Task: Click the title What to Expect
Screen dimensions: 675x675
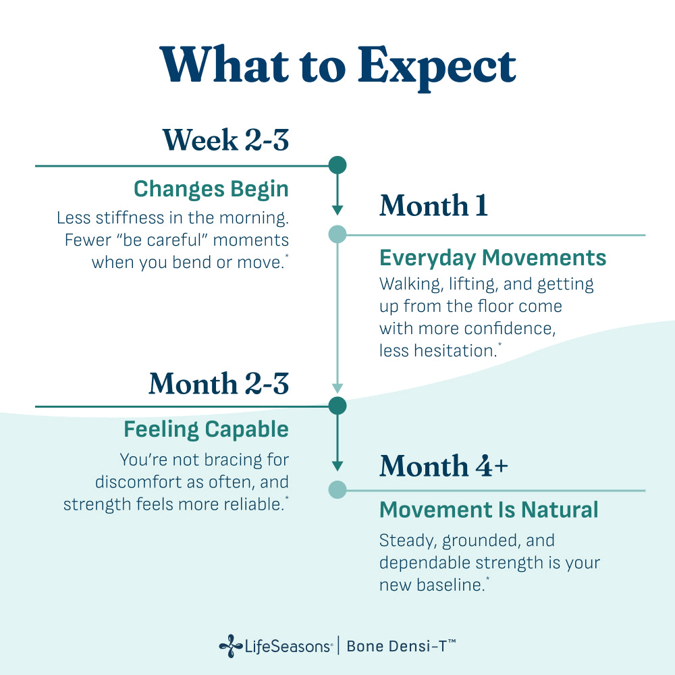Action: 337,66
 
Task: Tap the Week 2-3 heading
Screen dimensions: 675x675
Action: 225,140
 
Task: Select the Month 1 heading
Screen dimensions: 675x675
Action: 433,205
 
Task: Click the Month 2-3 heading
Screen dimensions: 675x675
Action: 219,383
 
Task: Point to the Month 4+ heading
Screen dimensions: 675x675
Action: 443,466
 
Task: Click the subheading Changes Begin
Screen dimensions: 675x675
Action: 211,190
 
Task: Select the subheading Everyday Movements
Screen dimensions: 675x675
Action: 493,258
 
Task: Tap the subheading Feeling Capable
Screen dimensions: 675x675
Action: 206,429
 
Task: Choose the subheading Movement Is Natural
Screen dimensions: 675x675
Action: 489,510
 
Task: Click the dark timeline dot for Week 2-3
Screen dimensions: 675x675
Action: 337,165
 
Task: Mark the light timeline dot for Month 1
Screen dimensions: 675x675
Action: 337,234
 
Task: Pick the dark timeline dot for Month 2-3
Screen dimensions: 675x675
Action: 337,406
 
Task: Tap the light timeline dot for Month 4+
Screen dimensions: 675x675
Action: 337,490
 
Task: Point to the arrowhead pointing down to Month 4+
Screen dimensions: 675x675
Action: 337,466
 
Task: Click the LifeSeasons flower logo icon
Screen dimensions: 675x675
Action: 231,646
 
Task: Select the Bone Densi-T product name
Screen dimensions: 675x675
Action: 401,646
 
